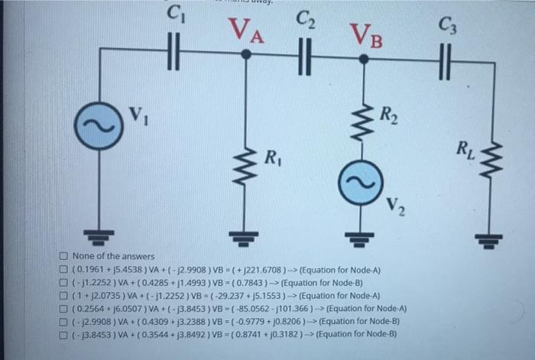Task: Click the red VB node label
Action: coord(365,34)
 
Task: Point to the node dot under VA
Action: coord(246,54)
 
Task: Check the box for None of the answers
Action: coord(64,256)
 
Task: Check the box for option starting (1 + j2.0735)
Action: coord(64,295)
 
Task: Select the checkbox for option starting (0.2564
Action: coord(64,308)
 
